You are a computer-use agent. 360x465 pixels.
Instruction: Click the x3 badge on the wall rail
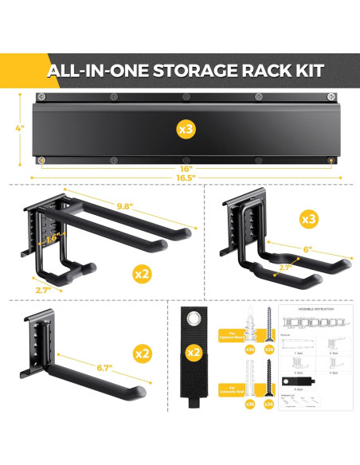click(x=185, y=127)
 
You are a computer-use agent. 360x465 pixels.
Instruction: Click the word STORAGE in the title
click(x=189, y=70)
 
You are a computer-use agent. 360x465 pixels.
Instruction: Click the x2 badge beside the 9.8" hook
click(x=143, y=273)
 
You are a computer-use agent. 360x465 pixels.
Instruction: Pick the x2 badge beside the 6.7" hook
click(x=143, y=354)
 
